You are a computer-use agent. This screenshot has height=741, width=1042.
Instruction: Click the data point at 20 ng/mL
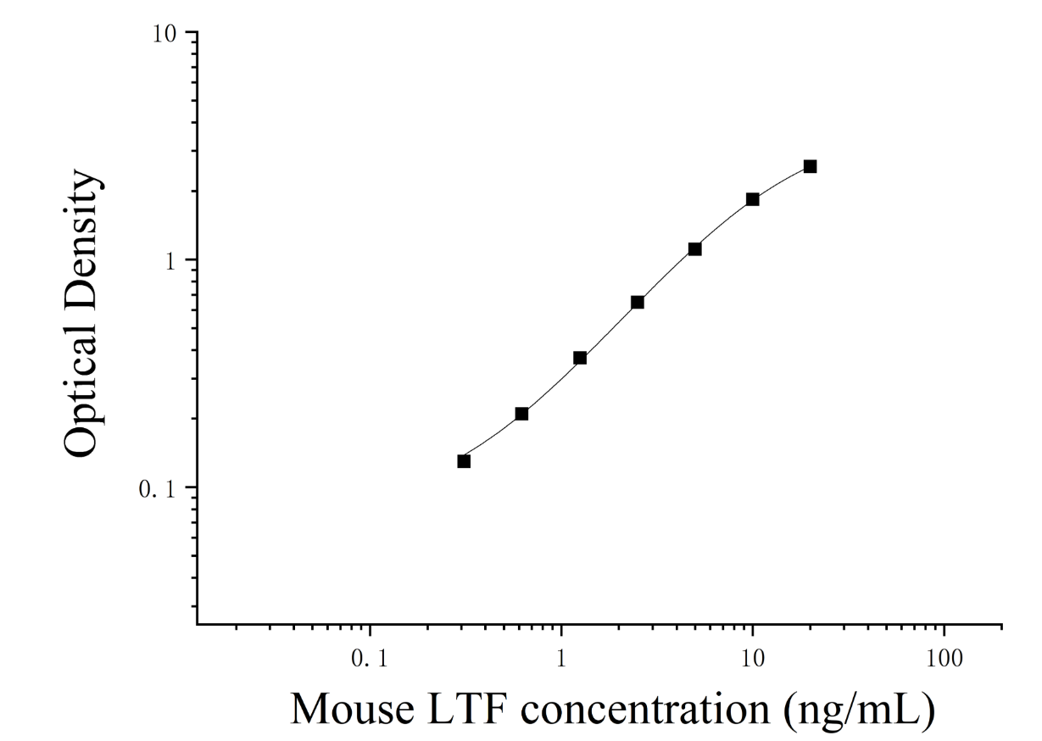point(810,166)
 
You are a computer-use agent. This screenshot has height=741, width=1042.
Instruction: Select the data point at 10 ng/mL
point(753,199)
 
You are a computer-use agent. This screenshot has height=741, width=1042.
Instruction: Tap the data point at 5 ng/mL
point(695,249)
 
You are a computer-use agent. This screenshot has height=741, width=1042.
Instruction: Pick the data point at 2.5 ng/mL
point(638,303)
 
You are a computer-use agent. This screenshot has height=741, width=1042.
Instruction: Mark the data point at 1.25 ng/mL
point(580,358)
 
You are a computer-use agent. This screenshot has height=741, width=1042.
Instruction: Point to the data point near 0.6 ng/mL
point(522,414)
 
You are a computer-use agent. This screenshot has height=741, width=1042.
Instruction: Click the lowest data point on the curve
point(464,461)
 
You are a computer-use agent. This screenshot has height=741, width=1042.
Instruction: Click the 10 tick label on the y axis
point(164,34)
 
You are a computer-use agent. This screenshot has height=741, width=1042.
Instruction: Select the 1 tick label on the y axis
point(170,262)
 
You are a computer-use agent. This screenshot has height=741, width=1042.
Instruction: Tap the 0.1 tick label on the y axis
point(157,489)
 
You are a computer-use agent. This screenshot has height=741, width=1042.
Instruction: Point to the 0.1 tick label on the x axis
point(370,659)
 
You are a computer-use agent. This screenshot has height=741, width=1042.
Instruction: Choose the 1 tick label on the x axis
point(561,659)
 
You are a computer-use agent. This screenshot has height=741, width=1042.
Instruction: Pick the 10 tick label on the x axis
point(753,659)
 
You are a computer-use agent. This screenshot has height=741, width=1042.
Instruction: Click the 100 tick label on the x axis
point(944,659)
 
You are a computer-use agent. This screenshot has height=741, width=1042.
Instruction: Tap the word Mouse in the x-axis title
point(353,710)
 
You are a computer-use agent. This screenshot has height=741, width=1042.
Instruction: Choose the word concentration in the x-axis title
point(645,710)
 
